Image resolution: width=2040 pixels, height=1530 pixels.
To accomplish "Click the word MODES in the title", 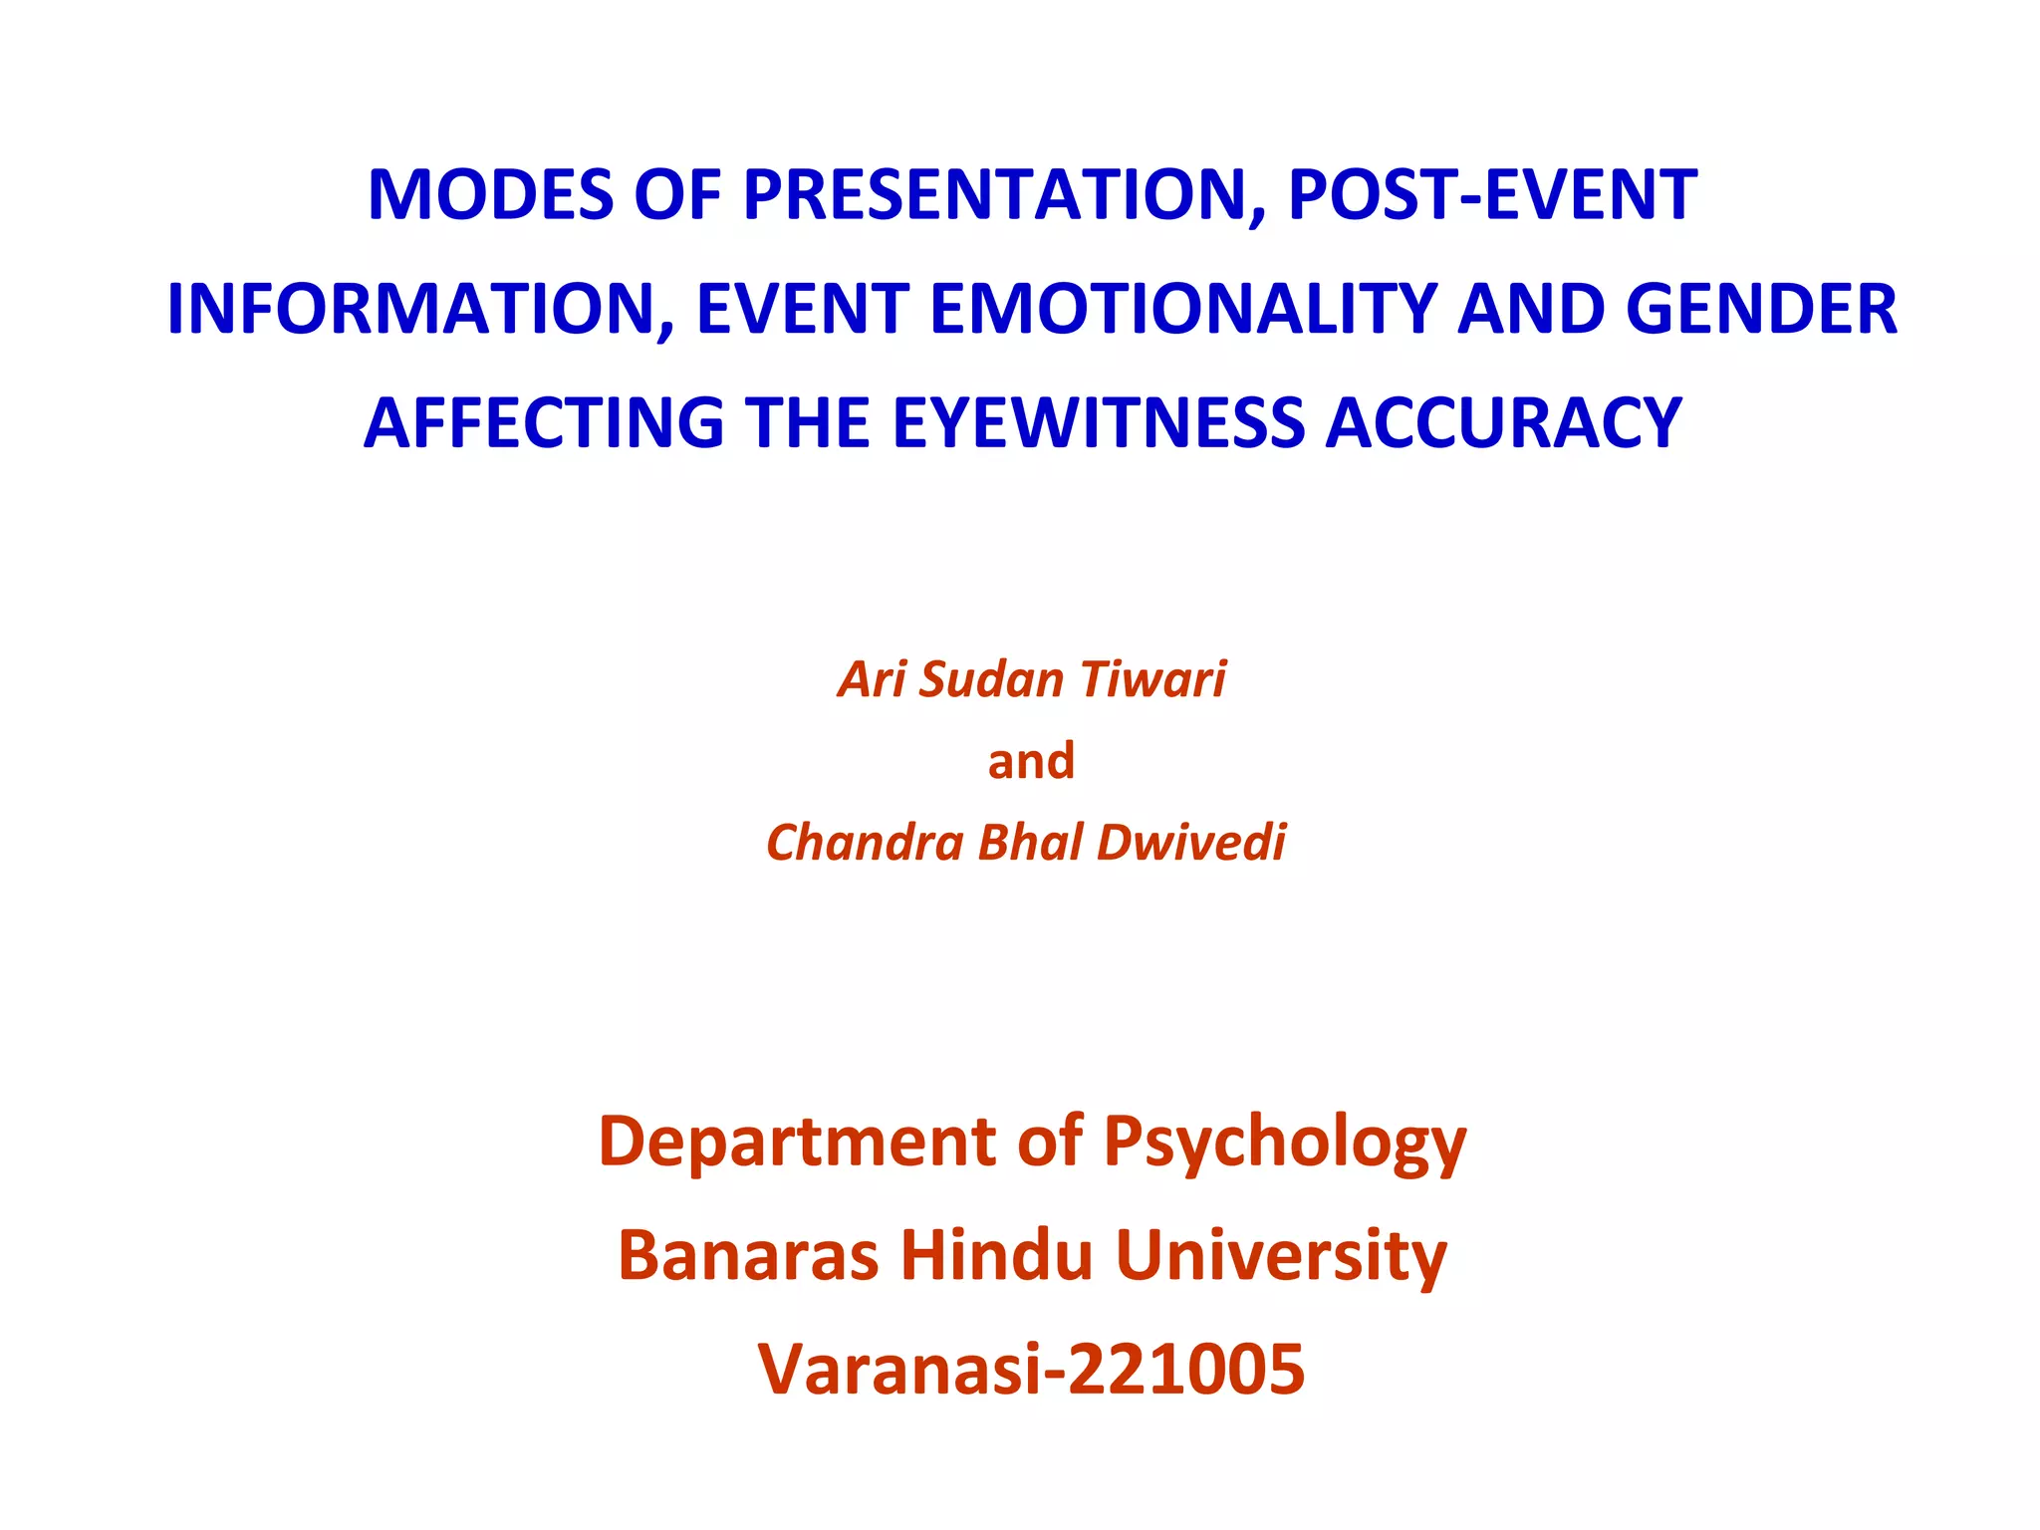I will click(491, 195).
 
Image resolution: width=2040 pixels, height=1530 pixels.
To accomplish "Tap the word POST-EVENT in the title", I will click(1492, 195).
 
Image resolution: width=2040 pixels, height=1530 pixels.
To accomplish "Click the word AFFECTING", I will click(544, 423).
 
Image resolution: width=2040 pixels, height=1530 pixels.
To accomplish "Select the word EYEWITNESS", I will click(1097, 423).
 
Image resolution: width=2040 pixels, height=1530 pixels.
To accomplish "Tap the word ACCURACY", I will click(1503, 423).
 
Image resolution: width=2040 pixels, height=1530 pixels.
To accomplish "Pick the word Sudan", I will click(992, 679).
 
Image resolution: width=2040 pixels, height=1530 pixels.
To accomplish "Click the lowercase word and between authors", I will click(1031, 761).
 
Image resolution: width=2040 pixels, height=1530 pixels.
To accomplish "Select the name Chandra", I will click(864, 843).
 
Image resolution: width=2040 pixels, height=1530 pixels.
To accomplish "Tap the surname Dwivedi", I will click(1191, 843).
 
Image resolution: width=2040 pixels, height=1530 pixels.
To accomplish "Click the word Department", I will click(797, 1141).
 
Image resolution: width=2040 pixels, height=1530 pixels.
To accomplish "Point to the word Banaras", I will click(748, 1255).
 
